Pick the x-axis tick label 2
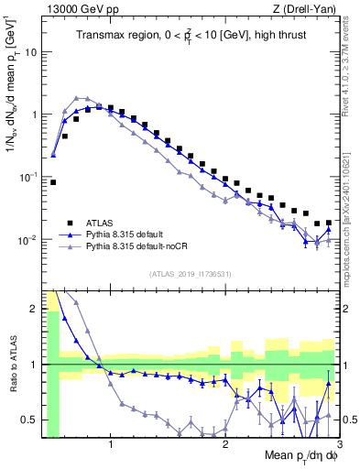[x=225, y=446]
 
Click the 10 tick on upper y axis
[x=30, y=51]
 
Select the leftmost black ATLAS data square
[x=53, y=182]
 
